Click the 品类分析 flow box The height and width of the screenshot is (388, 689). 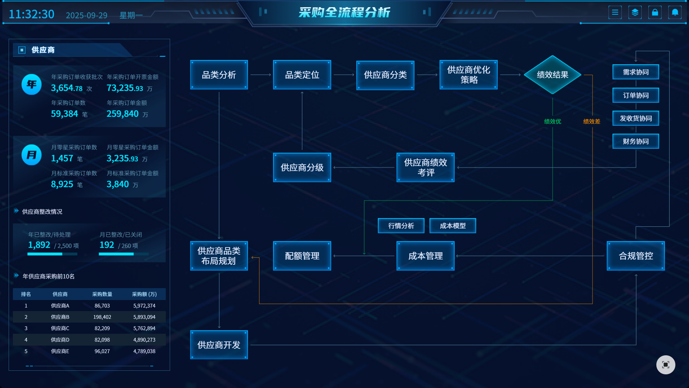coord(219,75)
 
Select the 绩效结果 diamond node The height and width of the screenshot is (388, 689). coord(552,75)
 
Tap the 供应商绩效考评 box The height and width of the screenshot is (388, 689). coord(425,167)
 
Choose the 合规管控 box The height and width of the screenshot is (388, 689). coord(636,256)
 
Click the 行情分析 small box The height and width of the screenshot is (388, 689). coord(401,226)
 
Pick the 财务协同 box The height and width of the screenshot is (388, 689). coord(636,141)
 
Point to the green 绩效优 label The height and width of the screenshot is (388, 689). coord(552,121)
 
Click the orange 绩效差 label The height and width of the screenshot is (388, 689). coord(591,121)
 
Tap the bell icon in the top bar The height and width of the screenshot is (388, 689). coord(675,13)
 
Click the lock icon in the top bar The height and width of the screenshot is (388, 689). coord(655,13)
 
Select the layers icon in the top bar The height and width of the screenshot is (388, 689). coord(635,13)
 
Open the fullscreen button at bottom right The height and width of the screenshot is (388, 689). coord(665,365)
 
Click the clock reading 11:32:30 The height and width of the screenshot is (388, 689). coord(32,14)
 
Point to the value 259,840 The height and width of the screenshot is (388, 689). coord(122,114)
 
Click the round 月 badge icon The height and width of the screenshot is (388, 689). coord(32,155)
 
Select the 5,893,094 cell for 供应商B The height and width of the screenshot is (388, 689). coord(144,317)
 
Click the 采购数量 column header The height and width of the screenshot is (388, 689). coord(102,294)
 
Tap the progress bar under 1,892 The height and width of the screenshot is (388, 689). coord(52,254)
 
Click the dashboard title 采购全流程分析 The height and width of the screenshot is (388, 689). coord(344,13)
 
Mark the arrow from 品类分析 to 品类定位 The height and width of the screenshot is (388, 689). coord(261,75)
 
